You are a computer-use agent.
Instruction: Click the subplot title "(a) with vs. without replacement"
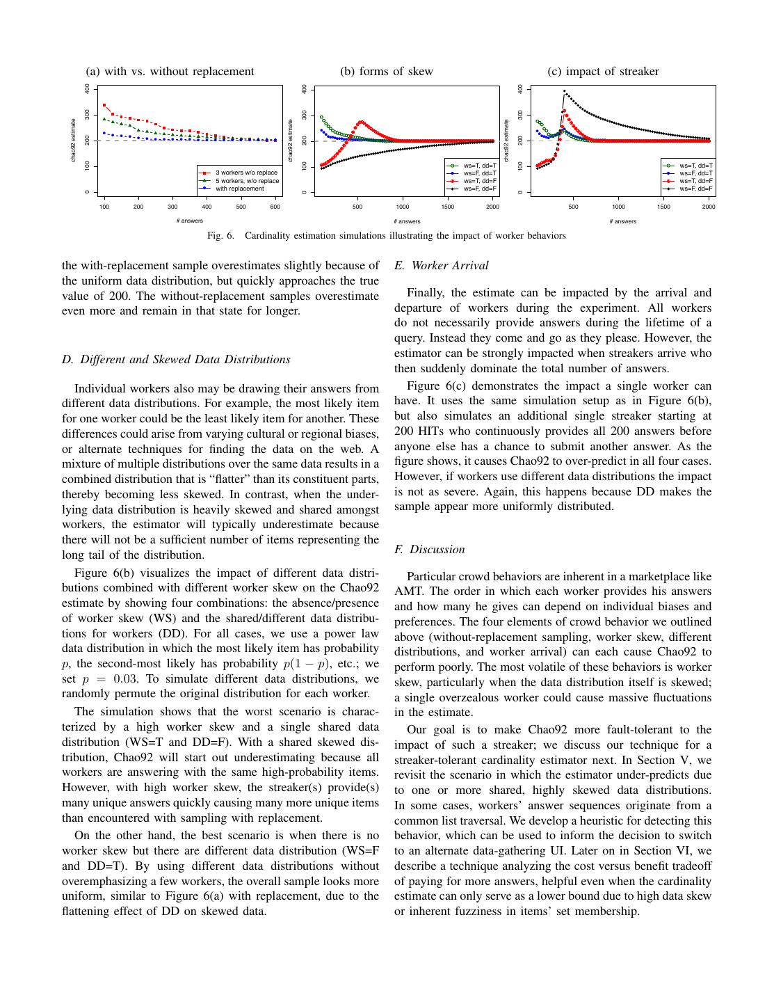click(x=170, y=71)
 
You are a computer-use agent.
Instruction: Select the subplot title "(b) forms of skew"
click(x=386, y=71)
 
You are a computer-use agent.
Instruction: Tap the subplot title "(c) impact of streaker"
click(x=603, y=71)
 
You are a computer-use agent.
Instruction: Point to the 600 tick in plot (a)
click(x=275, y=207)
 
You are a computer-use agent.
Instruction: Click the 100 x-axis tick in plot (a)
click(x=104, y=207)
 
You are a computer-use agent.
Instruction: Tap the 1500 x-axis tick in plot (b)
click(x=448, y=207)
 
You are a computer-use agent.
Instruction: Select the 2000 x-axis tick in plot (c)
click(x=709, y=207)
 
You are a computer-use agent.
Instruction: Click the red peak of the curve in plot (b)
click(x=361, y=122)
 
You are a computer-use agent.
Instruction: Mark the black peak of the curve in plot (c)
click(x=564, y=91)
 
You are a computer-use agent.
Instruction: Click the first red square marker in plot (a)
click(x=104, y=105)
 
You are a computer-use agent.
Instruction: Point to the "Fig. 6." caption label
click(x=220, y=236)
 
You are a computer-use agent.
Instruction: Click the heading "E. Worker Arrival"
click(x=441, y=266)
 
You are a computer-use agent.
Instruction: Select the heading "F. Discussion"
click(x=429, y=550)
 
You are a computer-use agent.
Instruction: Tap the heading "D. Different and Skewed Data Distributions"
click(x=176, y=360)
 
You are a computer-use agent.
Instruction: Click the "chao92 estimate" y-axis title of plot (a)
click(x=74, y=140)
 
